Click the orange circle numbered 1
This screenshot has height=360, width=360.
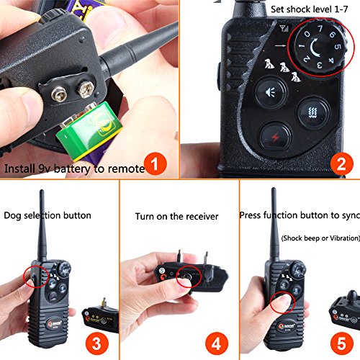[x=156, y=164]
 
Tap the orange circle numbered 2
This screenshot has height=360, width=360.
[x=341, y=164]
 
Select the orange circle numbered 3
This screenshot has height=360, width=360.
[x=97, y=344]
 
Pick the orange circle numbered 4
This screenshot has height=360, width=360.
[x=217, y=344]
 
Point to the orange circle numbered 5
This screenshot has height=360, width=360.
[x=341, y=343]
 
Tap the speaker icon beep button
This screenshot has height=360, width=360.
[x=271, y=93]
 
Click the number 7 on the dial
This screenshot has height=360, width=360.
[x=320, y=29]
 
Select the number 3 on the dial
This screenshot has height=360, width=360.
[x=319, y=65]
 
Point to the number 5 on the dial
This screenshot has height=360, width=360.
[x=338, y=46]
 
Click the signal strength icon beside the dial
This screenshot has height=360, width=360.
[x=284, y=29]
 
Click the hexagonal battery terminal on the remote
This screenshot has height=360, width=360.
[x=85, y=89]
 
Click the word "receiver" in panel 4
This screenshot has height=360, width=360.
[x=202, y=217]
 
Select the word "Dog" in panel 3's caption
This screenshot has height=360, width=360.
[x=12, y=216]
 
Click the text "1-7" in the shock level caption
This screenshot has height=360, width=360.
[x=341, y=9]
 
